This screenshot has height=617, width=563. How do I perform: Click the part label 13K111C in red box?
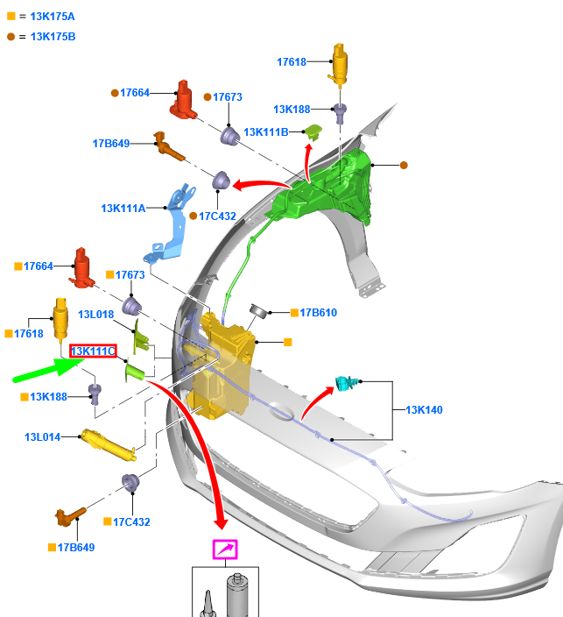click(93, 351)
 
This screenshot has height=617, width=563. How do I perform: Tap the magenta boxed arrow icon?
click(225, 550)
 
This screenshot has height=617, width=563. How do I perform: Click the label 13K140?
click(424, 410)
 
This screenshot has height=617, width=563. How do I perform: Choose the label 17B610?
click(319, 313)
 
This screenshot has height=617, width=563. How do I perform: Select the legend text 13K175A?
click(53, 17)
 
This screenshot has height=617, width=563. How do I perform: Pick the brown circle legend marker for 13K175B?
click(11, 37)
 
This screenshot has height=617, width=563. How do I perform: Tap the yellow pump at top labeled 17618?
click(340, 64)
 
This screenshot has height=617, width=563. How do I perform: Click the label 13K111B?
click(266, 132)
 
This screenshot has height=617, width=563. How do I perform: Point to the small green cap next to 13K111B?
click(313, 131)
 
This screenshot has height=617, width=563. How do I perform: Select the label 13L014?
click(42, 437)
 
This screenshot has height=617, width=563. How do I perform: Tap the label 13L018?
click(96, 315)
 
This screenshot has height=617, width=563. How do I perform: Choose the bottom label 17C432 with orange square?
click(131, 522)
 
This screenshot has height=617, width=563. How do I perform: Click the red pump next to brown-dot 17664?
click(184, 100)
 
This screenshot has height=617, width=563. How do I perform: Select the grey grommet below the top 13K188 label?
click(340, 112)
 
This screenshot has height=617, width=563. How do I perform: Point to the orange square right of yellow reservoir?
click(288, 343)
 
